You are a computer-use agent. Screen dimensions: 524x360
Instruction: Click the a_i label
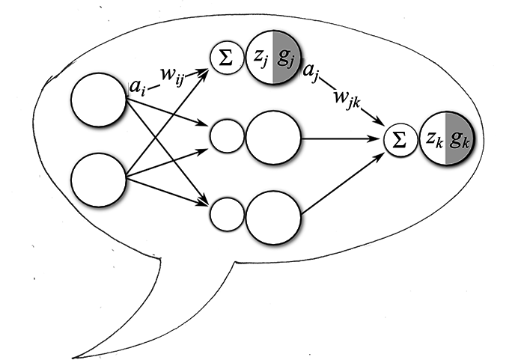coord(137,88)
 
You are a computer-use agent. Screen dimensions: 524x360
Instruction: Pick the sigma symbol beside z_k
coord(400,140)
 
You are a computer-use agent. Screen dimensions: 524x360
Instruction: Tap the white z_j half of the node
coord(261,57)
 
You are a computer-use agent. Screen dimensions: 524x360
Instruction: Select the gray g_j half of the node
coord(285,57)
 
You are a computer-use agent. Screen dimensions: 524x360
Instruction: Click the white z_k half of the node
coord(433,139)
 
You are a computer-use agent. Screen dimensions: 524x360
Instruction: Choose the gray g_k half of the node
coord(457,139)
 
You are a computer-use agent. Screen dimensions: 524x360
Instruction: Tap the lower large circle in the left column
coord(99,180)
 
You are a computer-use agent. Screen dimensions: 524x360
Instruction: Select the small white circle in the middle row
coord(226,137)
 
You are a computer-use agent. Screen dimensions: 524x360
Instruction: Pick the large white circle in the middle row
coord(273,138)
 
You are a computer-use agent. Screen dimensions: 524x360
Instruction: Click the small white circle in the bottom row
coord(226,214)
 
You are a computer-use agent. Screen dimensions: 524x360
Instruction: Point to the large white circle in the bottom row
coord(273,217)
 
